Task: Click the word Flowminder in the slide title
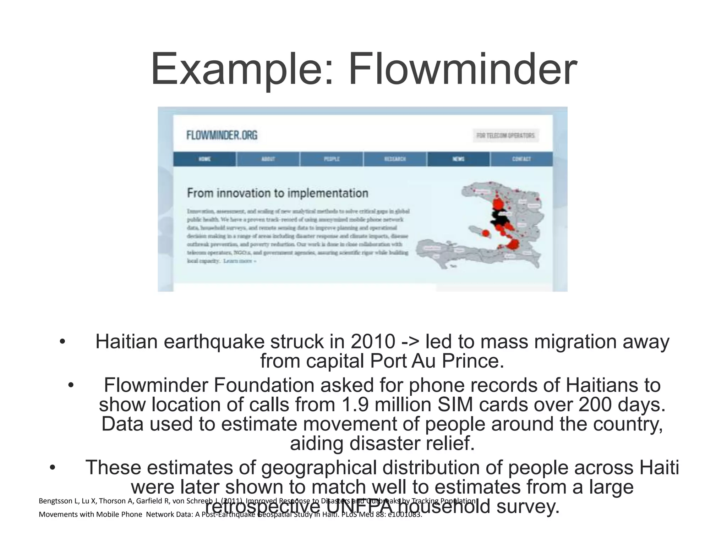[462, 70]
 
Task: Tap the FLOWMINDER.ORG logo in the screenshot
[222, 135]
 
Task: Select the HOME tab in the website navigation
[204, 159]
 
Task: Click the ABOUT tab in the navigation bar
[268, 159]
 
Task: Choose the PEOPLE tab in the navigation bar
[332, 159]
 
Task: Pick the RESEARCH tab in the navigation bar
[395, 159]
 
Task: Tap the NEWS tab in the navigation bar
[458, 159]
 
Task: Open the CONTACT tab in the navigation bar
[521, 159]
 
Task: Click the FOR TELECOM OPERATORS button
[505, 136]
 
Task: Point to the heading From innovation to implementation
[277, 193]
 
